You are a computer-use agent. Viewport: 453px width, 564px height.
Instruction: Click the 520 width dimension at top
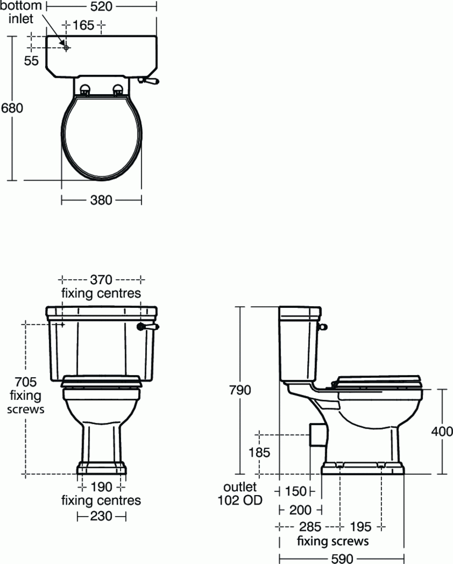[x=101, y=7]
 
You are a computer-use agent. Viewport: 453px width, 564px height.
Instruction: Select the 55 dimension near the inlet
[x=31, y=61]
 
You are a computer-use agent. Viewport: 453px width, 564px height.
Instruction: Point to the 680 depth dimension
[x=12, y=108]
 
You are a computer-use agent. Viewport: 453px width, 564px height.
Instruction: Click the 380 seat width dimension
[x=101, y=200]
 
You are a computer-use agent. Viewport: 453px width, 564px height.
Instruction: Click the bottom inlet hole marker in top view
[x=66, y=48]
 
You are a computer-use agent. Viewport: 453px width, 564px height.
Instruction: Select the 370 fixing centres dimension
[x=101, y=279]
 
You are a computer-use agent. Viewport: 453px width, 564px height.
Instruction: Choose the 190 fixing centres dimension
[x=101, y=487]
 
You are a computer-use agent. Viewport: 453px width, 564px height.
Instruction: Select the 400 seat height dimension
[x=442, y=431]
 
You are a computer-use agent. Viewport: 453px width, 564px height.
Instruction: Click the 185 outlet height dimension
[x=259, y=453]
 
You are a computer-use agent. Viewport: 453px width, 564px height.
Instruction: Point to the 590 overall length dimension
[x=342, y=558]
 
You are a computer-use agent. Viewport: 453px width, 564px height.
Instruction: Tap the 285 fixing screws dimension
[x=310, y=527]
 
